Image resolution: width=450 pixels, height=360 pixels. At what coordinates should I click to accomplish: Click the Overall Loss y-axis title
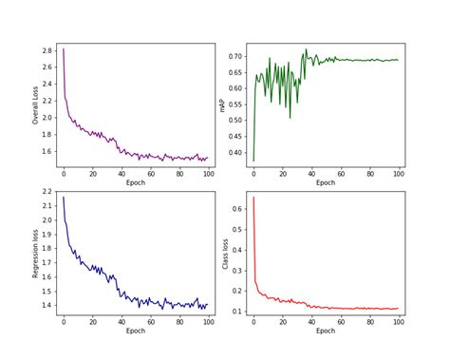pos(35,105)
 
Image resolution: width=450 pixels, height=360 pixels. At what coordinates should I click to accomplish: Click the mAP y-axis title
pos(222,105)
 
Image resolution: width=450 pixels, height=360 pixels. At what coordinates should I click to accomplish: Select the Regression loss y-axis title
pos(35,253)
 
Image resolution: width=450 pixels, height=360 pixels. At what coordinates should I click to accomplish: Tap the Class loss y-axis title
pos(225,253)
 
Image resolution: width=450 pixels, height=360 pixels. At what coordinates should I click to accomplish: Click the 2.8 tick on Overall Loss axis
pos(47,49)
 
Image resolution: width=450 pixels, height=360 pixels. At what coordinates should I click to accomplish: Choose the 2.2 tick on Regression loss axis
pos(47,191)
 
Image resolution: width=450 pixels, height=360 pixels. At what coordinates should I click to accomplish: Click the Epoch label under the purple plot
pos(136,182)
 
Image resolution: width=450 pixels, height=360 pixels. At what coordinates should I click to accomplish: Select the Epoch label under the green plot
pos(326,182)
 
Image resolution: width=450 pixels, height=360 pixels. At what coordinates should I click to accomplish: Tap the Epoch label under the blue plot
pos(136,331)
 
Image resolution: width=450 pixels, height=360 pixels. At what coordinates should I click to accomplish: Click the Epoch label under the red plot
pos(326,331)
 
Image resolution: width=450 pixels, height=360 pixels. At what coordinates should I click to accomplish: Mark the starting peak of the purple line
pos(64,49)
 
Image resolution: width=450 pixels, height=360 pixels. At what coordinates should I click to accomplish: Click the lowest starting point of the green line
pos(253,161)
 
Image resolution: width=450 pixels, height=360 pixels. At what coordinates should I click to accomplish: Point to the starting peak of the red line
pos(253,198)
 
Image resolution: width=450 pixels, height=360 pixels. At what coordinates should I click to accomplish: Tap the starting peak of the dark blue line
pos(64,198)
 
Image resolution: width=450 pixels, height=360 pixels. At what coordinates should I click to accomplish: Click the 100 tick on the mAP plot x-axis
pos(398,174)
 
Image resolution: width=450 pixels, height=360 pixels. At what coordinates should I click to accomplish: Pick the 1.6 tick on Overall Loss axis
pos(47,151)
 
